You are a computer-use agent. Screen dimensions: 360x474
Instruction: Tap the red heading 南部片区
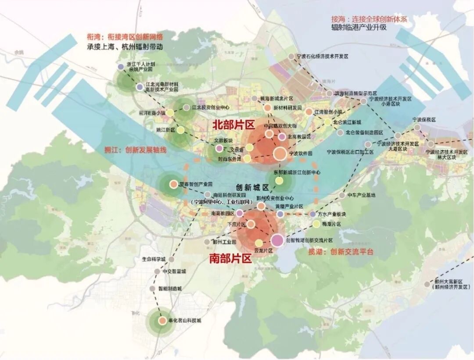tap(230, 258)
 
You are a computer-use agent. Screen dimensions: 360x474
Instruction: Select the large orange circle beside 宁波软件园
tap(280, 153)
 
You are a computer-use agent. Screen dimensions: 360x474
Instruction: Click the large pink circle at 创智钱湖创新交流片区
tap(277, 240)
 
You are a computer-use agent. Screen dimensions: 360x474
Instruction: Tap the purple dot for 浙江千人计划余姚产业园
tap(121, 67)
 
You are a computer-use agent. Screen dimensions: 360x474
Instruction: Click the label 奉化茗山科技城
tap(185, 321)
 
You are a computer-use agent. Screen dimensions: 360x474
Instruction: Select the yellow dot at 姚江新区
tap(180, 130)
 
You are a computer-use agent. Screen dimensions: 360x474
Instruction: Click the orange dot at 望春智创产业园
tap(173, 184)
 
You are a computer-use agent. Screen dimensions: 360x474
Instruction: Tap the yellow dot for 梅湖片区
tap(316, 224)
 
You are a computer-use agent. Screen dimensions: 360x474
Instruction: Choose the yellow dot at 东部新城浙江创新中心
tap(279, 180)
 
